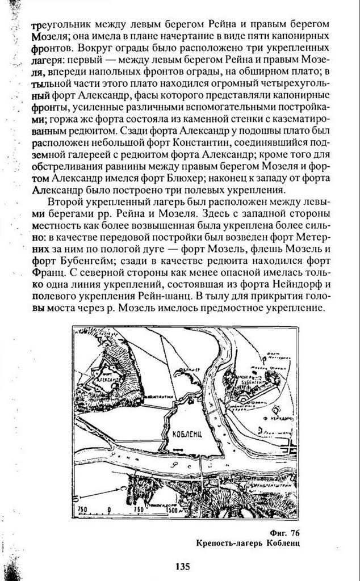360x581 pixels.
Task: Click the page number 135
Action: tap(182, 566)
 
